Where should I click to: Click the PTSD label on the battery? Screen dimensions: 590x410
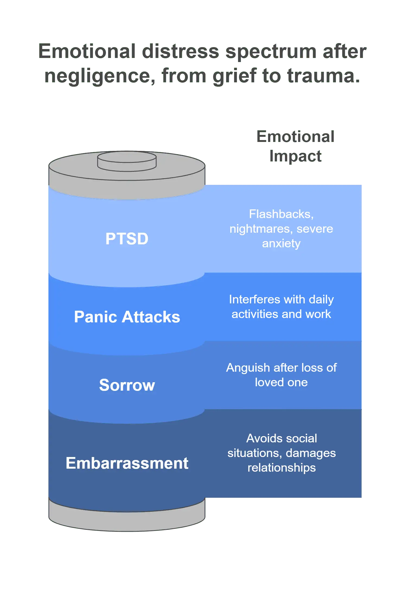click(127, 239)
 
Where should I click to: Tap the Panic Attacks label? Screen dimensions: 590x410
click(127, 317)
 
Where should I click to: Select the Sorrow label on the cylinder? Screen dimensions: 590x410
click(127, 385)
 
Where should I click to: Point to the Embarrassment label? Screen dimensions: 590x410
click(127, 463)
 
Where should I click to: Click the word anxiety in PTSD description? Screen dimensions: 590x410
click(281, 243)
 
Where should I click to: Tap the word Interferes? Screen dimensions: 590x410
click(254, 299)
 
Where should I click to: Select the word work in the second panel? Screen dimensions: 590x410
click(318, 314)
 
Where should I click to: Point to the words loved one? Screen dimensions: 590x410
click(281, 382)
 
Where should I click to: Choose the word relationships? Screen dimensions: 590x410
click(281, 468)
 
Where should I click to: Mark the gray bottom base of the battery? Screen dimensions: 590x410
click(127, 519)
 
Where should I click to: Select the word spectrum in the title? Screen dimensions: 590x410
click(271, 51)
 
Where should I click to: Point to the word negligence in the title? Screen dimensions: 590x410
click(99, 77)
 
